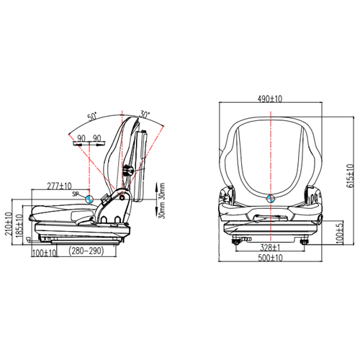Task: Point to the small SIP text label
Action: pyautogui.click(x=75, y=194)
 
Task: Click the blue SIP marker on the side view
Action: pyautogui.click(x=88, y=199)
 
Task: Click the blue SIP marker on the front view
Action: pyautogui.click(x=270, y=199)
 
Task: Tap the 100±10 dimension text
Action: pyautogui.click(x=45, y=253)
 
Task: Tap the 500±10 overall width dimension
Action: pyautogui.click(x=271, y=257)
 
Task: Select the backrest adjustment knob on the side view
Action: pyautogui.click(x=130, y=171)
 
